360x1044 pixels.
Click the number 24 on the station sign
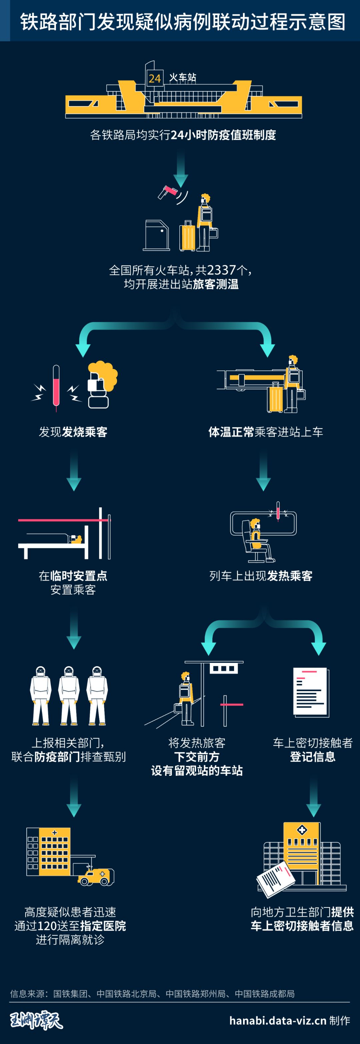[x=154, y=78]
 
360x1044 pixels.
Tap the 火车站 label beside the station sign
[x=182, y=77]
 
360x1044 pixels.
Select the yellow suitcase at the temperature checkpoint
[x=187, y=236]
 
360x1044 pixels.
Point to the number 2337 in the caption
[x=221, y=269]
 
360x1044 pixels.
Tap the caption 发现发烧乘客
[x=73, y=432]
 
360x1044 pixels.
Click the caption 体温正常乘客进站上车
[x=266, y=432]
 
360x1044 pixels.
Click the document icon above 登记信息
[x=311, y=692]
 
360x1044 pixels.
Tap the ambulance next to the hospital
[x=96, y=877]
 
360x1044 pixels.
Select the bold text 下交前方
[x=197, y=757]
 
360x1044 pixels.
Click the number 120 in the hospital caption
[x=47, y=926]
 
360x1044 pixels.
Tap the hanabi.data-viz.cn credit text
[x=278, y=1020]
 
